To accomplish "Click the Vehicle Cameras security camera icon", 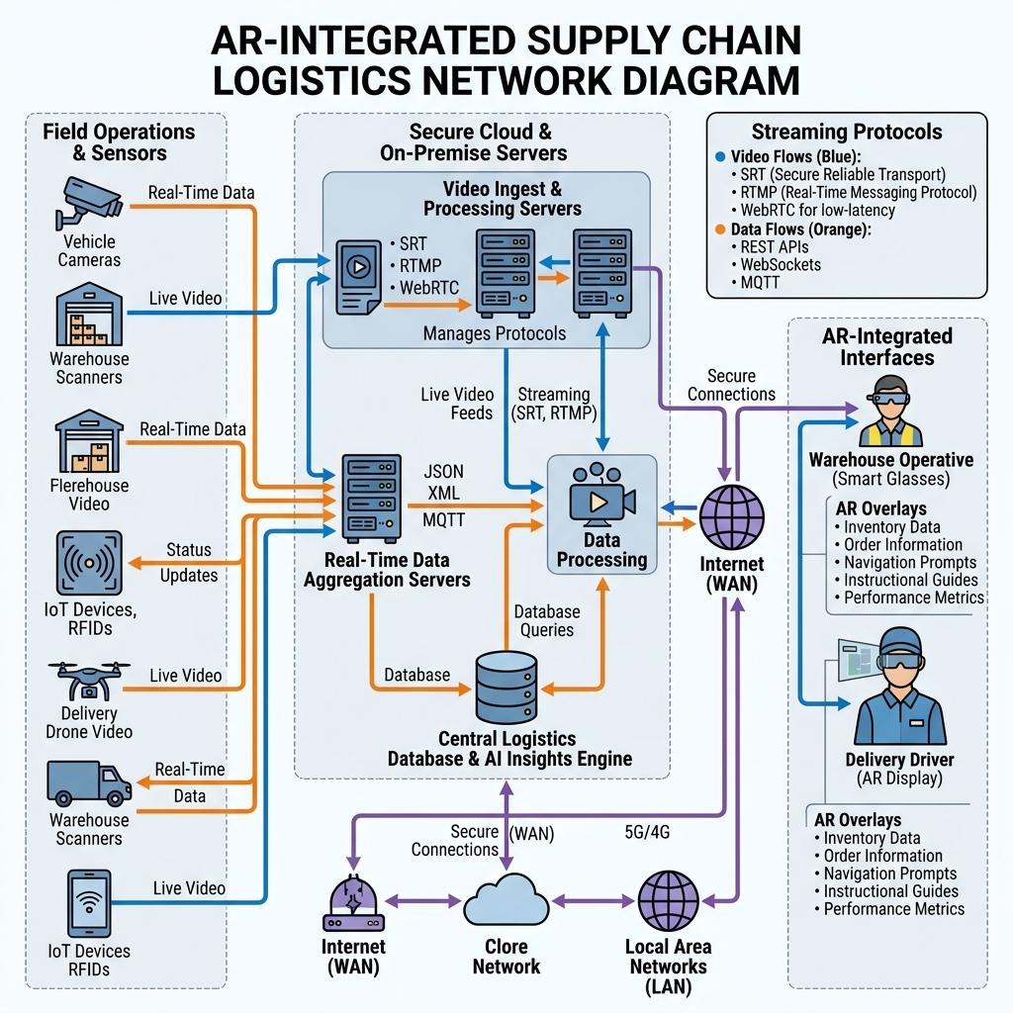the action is [x=88, y=202].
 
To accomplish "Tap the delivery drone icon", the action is [x=88, y=681].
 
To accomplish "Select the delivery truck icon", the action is [x=89, y=783].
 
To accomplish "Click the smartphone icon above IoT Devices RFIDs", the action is [x=89, y=903].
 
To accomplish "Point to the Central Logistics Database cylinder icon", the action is [x=506, y=688].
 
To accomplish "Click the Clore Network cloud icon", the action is [x=506, y=900].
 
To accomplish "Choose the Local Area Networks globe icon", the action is [x=668, y=900].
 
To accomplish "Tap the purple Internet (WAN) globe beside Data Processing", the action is [x=732, y=517].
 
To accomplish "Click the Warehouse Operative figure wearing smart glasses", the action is [x=892, y=412].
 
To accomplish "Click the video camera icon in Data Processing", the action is [x=601, y=493].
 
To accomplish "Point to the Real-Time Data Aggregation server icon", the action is [x=371, y=499].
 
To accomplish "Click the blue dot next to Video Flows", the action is [x=720, y=156].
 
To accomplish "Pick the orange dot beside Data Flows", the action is [x=720, y=230].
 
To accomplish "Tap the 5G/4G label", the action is [x=647, y=831].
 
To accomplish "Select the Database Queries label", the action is [x=546, y=621].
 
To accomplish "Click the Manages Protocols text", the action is [x=495, y=333].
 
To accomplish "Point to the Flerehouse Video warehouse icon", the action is [x=89, y=440].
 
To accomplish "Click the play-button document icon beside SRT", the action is [x=358, y=277].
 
